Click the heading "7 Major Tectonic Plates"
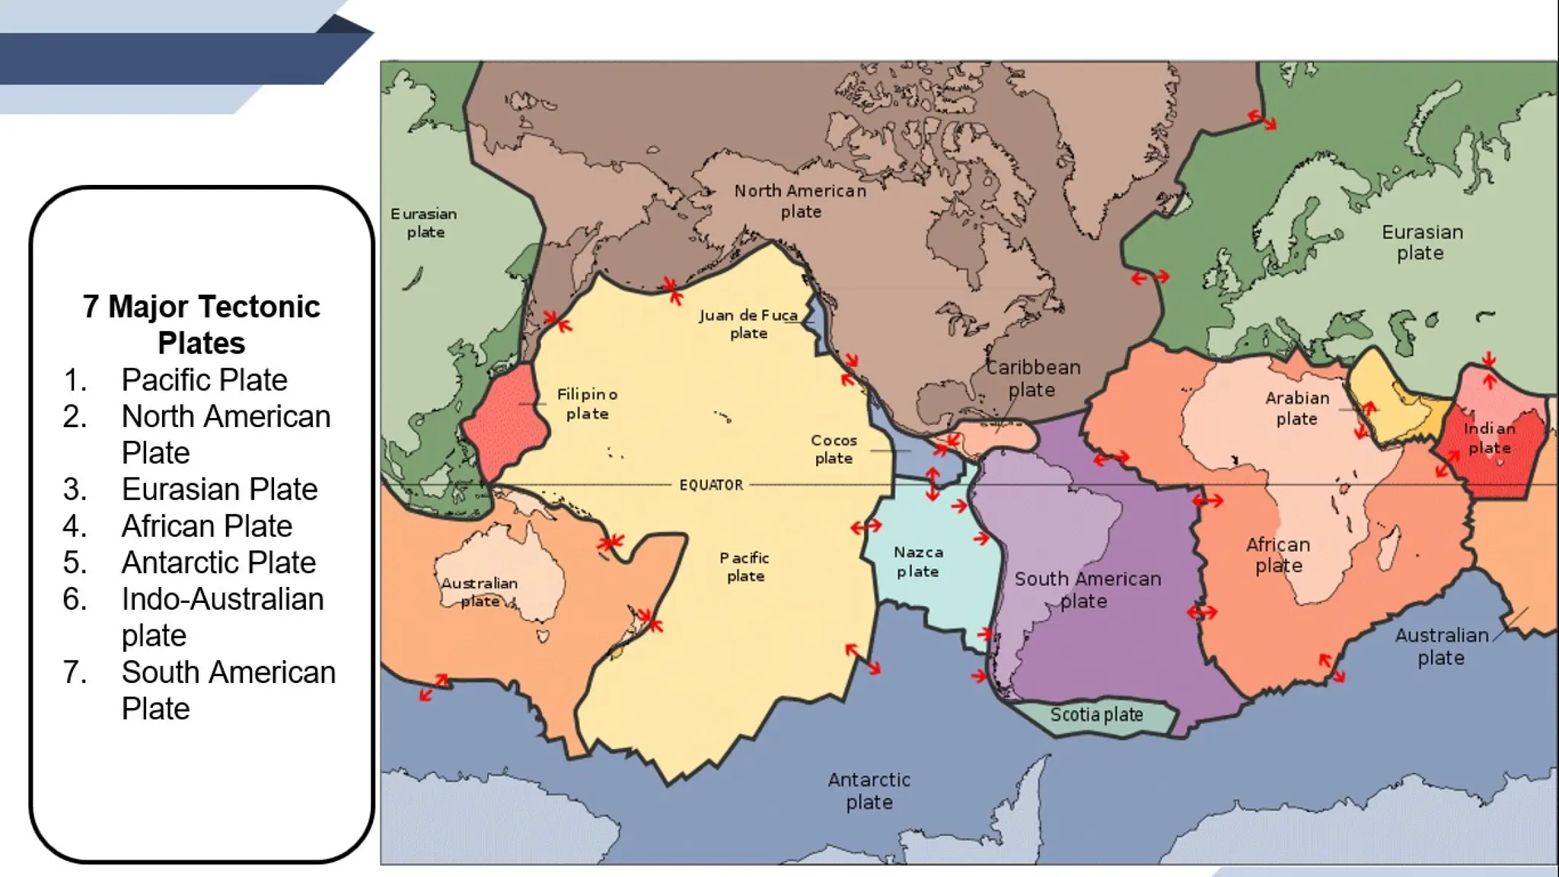click(202, 324)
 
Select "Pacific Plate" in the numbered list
click(204, 380)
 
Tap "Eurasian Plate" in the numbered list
click(219, 490)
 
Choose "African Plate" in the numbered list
click(206, 526)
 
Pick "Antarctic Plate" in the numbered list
click(218, 563)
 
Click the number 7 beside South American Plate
click(74, 672)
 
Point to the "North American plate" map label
click(800, 201)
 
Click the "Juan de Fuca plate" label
click(748, 324)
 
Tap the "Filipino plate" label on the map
click(587, 404)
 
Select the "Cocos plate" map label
click(834, 449)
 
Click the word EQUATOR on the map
click(711, 485)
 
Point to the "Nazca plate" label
click(918, 562)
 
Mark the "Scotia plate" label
click(1096, 715)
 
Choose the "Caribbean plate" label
click(1033, 378)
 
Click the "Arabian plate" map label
click(1297, 408)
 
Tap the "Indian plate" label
click(1489, 438)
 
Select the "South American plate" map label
click(1087, 590)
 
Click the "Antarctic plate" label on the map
click(869, 791)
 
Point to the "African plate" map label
click(1278, 555)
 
